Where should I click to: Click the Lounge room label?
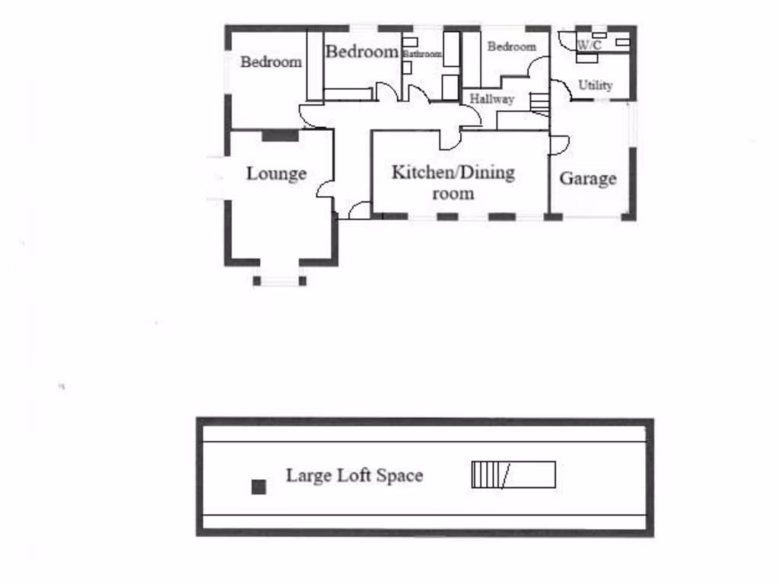coord(276,174)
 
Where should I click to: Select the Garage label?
coord(588,179)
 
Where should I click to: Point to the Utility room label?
coord(595,85)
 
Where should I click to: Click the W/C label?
coord(590,46)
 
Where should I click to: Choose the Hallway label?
coord(491,99)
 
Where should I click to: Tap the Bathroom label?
coord(422,54)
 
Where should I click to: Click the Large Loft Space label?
coord(354,476)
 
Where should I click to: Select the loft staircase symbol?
coord(514,474)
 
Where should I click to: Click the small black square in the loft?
coord(259,487)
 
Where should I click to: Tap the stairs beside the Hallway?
coord(539,103)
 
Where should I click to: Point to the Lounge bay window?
coord(279,280)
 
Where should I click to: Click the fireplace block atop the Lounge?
coord(280,135)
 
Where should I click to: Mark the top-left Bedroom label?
coord(271,62)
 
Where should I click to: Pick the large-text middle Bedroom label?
coord(362,52)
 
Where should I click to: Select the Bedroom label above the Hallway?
coord(511,47)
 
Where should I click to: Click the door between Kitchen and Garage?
coord(558,144)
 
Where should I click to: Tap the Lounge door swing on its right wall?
coord(325,189)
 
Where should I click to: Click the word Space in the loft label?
coord(400,476)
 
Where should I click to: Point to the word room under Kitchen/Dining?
coord(453,193)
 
